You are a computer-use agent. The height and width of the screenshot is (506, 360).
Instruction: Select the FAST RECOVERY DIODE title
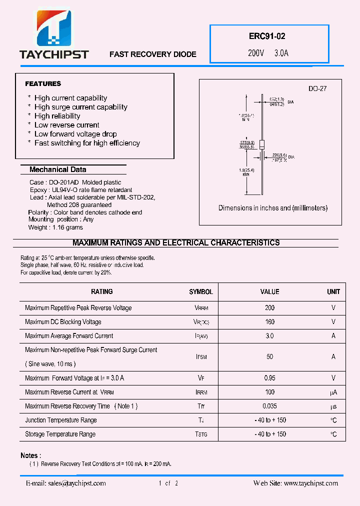pos(152,54)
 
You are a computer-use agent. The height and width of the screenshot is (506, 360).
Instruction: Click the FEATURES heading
pos(43,83)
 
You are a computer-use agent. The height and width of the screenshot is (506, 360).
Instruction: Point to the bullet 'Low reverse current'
pos(66,125)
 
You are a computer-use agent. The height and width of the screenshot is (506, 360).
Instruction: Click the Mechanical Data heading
pos(57,169)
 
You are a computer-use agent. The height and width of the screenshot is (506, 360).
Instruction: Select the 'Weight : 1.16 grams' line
pos(55,227)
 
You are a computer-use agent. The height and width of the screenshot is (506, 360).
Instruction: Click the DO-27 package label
pos(317,88)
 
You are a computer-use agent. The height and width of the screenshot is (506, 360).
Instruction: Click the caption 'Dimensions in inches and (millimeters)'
pos(273,208)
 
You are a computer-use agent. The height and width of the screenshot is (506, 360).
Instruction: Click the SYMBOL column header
pos(200,292)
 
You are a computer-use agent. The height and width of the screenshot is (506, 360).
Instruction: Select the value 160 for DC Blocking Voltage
pos(269,322)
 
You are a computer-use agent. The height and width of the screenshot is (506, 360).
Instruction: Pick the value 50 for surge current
pos(269,357)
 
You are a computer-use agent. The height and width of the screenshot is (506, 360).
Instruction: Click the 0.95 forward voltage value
pos(269,378)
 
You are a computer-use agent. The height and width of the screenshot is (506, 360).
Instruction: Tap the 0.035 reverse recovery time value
pos(269,406)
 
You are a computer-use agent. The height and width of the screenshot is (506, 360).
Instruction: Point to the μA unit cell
pos(333,392)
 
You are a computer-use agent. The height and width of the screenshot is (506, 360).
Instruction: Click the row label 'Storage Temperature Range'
pos(60,434)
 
